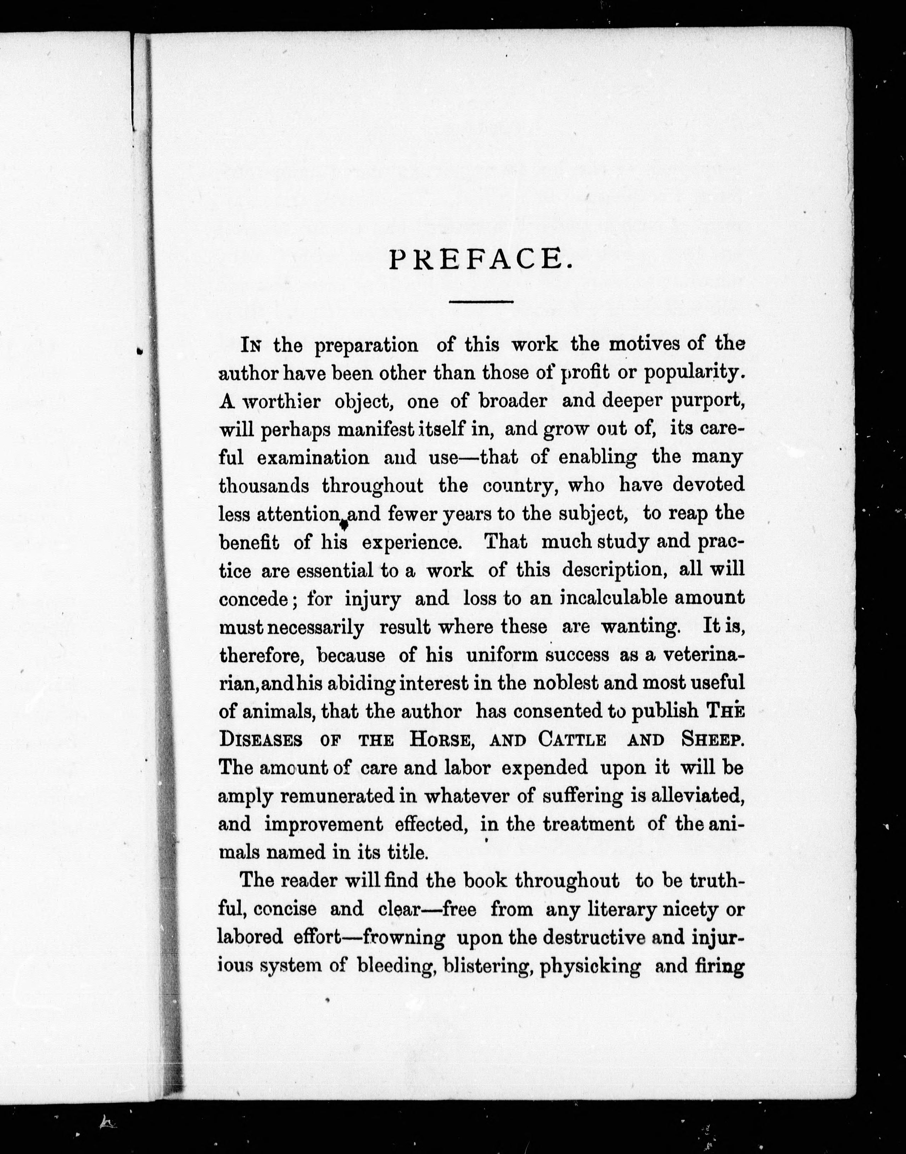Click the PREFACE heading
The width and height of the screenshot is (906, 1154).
point(481,260)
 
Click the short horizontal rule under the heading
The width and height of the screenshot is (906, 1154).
point(481,302)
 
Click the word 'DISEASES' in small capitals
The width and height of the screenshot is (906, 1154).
point(261,740)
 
